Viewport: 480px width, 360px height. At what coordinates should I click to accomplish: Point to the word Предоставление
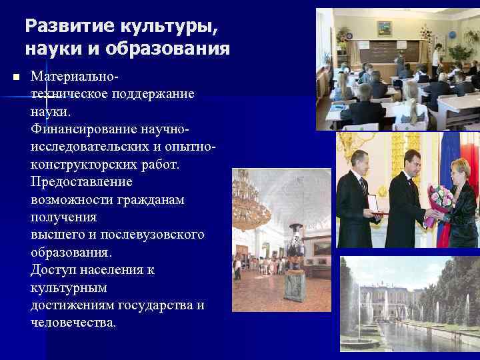tap(81, 182)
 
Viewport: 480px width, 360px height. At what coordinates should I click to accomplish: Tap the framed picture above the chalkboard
tap(384, 28)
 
